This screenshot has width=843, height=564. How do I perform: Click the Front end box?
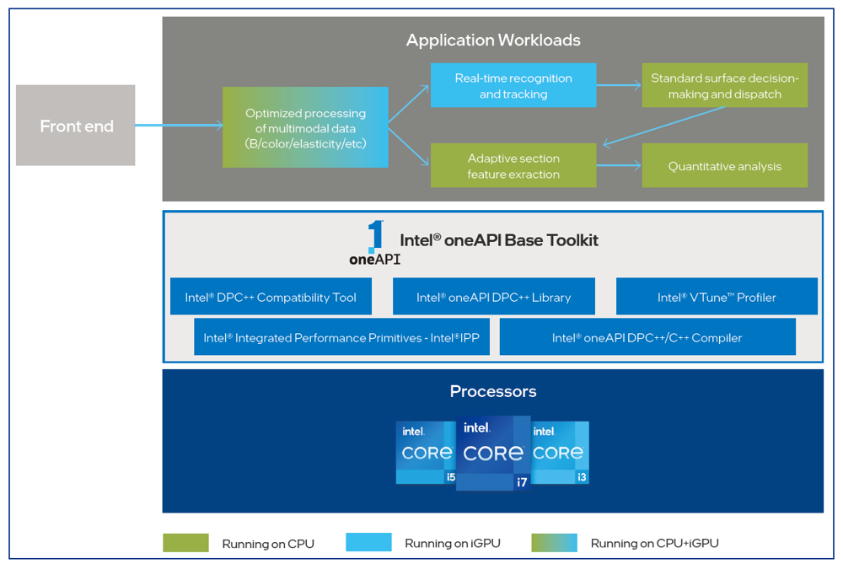75,126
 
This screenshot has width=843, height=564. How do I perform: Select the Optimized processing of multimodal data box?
305,127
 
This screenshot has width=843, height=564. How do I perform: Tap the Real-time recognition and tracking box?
513,85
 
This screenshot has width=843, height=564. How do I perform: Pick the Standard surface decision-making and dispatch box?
725,85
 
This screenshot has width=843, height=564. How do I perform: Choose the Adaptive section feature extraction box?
513,165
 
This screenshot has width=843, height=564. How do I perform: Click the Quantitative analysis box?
725,165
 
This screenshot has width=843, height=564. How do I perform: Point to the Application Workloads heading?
493,40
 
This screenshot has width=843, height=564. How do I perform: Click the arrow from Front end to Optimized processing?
179,126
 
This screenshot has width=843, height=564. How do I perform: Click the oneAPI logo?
375,243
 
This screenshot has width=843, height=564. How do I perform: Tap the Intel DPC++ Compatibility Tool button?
271,296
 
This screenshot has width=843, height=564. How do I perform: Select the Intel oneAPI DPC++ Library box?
493,296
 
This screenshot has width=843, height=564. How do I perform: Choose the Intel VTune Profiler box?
717,296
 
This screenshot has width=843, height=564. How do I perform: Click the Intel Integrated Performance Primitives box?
342,336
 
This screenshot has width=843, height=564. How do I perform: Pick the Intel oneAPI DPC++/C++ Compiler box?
647,336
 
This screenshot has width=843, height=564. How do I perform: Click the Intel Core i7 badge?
493,453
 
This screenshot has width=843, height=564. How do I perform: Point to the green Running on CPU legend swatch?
186,542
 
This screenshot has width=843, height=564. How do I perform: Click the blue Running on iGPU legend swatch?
369,542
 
